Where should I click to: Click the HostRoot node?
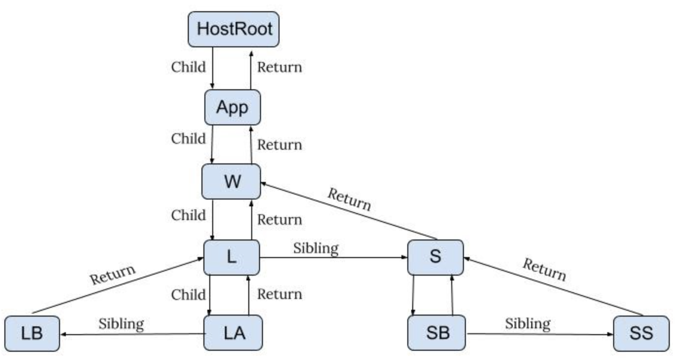click(234, 29)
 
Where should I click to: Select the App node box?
click(232, 107)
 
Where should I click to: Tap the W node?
click(232, 182)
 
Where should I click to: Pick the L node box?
click(231, 257)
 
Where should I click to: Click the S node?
click(435, 257)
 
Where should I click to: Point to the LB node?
click(32, 333)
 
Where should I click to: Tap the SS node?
click(641, 333)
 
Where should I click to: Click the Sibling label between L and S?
click(316, 248)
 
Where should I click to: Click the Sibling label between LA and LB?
click(121, 323)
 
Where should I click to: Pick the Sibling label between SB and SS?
click(528, 323)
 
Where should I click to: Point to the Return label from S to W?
click(349, 200)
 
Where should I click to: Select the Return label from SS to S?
click(544, 270)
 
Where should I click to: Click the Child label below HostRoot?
click(188, 67)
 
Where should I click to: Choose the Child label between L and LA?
click(188, 295)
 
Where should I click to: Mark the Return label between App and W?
click(280, 145)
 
